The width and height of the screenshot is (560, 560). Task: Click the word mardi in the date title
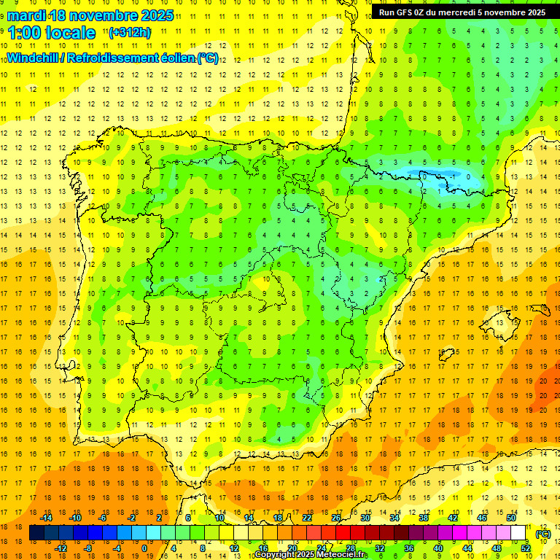coord(26,15)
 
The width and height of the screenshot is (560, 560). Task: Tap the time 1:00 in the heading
coord(26,33)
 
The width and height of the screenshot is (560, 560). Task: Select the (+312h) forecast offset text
coord(130,33)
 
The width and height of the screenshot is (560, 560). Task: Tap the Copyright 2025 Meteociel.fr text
coord(310,555)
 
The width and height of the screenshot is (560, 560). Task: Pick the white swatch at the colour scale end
coord(518,533)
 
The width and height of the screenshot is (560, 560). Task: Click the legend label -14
coord(46,518)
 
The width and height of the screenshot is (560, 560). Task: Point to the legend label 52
coord(526,548)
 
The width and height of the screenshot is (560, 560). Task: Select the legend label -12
coord(61,548)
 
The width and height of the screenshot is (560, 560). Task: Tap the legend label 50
coord(510,518)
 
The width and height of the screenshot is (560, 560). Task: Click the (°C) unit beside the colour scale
coord(542,534)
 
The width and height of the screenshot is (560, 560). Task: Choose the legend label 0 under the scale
coord(145,548)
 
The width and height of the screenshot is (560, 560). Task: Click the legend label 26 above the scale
coord(335,518)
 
